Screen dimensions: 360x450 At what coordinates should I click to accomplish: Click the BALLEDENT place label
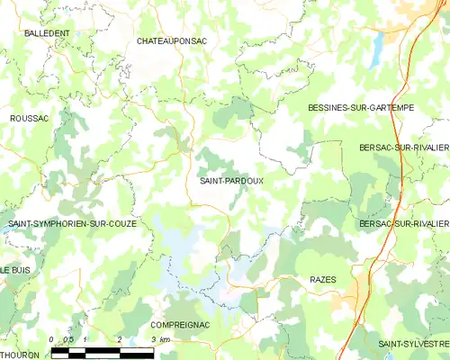(x=48, y=33)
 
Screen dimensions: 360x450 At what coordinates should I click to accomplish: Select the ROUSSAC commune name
(x=29, y=118)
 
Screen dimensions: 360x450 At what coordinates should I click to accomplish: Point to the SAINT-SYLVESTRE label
(x=413, y=344)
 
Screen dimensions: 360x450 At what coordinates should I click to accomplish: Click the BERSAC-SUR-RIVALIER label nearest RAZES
(x=403, y=223)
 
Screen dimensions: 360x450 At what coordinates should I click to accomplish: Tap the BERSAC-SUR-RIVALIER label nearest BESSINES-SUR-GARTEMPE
(x=403, y=147)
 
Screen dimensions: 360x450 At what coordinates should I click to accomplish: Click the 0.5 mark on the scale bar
(x=68, y=339)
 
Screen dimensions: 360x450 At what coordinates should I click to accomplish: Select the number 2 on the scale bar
(x=119, y=339)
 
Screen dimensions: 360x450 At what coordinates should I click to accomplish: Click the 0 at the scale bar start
(x=52, y=339)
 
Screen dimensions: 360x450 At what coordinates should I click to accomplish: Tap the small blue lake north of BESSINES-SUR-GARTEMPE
(x=373, y=52)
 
